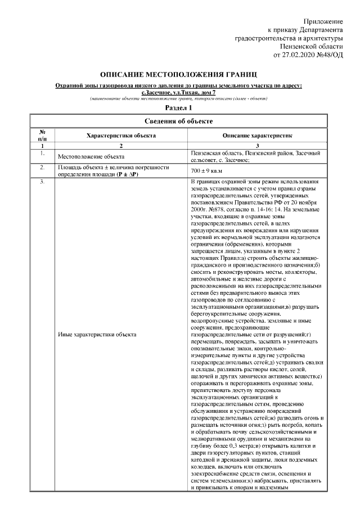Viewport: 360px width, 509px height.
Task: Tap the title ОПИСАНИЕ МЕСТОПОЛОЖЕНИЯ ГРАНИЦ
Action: click(x=178, y=74)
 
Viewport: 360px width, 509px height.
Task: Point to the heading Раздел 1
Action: click(x=178, y=107)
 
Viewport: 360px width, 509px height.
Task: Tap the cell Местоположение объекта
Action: click(x=91, y=156)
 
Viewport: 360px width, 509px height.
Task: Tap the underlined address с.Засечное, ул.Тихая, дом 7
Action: click(x=178, y=92)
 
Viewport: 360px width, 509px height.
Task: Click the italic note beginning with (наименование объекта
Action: click(x=178, y=98)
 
